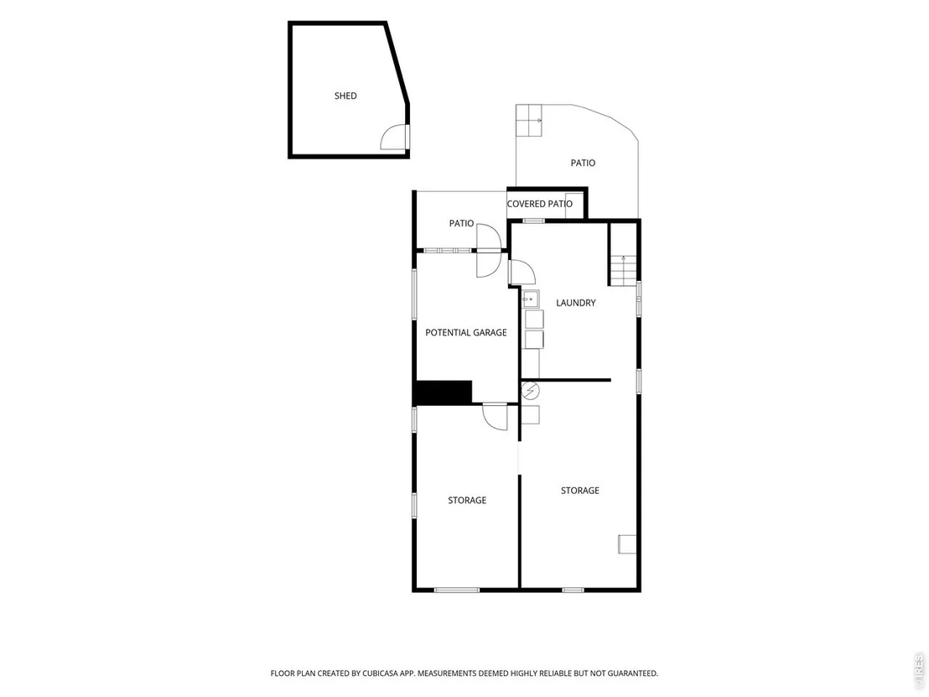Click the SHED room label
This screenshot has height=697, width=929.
pyautogui.click(x=345, y=96)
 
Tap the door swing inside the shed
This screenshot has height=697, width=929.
pyautogui.click(x=392, y=137)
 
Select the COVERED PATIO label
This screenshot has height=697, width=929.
pyautogui.click(x=540, y=204)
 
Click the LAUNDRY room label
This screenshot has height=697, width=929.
pyautogui.click(x=576, y=303)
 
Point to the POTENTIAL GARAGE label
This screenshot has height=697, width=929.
pyautogui.click(x=466, y=332)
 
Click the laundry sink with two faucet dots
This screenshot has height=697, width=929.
pyautogui.click(x=531, y=299)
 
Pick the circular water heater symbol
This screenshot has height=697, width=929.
pyautogui.click(x=530, y=391)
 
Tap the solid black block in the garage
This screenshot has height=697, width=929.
pyautogui.click(x=444, y=393)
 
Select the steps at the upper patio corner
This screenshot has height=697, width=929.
pyautogui.click(x=529, y=120)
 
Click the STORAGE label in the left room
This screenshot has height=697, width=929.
pyautogui.click(x=467, y=500)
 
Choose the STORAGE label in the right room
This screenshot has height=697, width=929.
pyautogui.click(x=580, y=490)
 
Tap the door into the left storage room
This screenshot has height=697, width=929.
pyautogui.click(x=496, y=416)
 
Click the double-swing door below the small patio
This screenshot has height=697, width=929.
pyautogui.click(x=490, y=250)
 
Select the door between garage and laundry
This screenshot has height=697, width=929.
pyautogui.click(x=522, y=273)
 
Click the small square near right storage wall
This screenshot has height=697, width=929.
pyautogui.click(x=627, y=544)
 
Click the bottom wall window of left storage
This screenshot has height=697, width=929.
pyautogui.click(x=457, y=590)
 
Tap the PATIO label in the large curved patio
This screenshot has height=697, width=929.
pyautogui.click(x=583, y=163)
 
